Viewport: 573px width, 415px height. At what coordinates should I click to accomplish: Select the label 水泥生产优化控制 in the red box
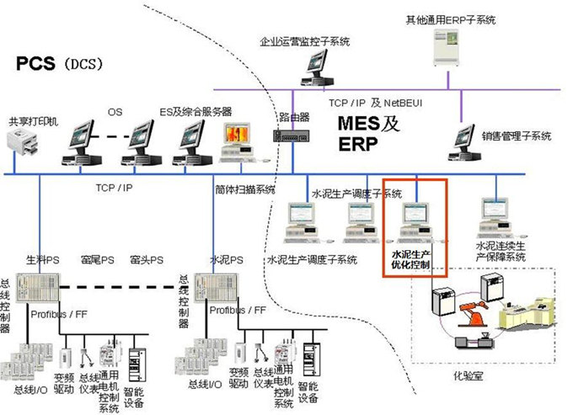tap(412, 258)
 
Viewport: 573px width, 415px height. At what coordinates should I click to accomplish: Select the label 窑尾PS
tap(98, 259)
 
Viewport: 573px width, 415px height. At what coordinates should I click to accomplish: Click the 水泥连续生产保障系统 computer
tap(493, 219)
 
